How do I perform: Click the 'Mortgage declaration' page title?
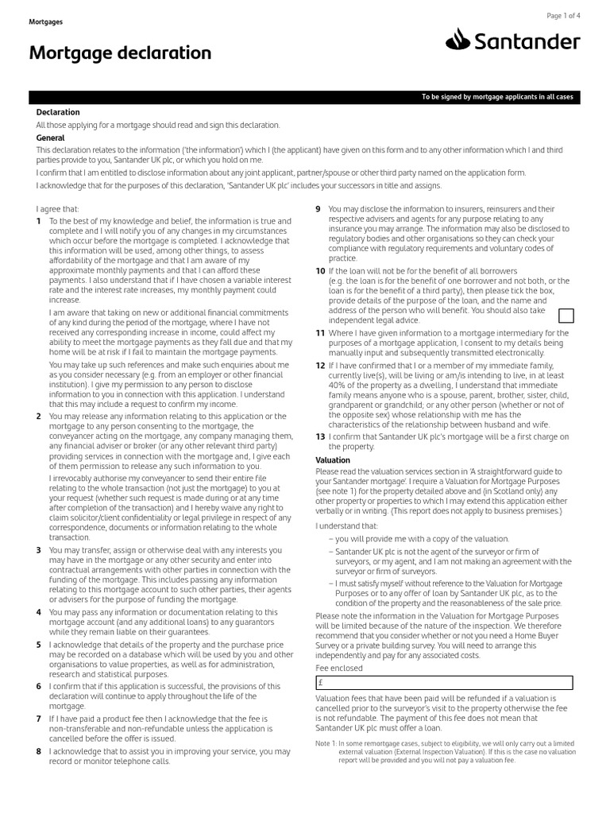pos(120,53)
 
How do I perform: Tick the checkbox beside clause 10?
pos(568,316)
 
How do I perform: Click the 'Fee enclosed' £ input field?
pos(443,682)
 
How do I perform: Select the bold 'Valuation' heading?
pos(333,460)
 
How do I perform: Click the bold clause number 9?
pos(319,208)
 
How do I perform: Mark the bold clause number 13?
pos(320,436)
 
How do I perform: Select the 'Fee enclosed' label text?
pos(339,668)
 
